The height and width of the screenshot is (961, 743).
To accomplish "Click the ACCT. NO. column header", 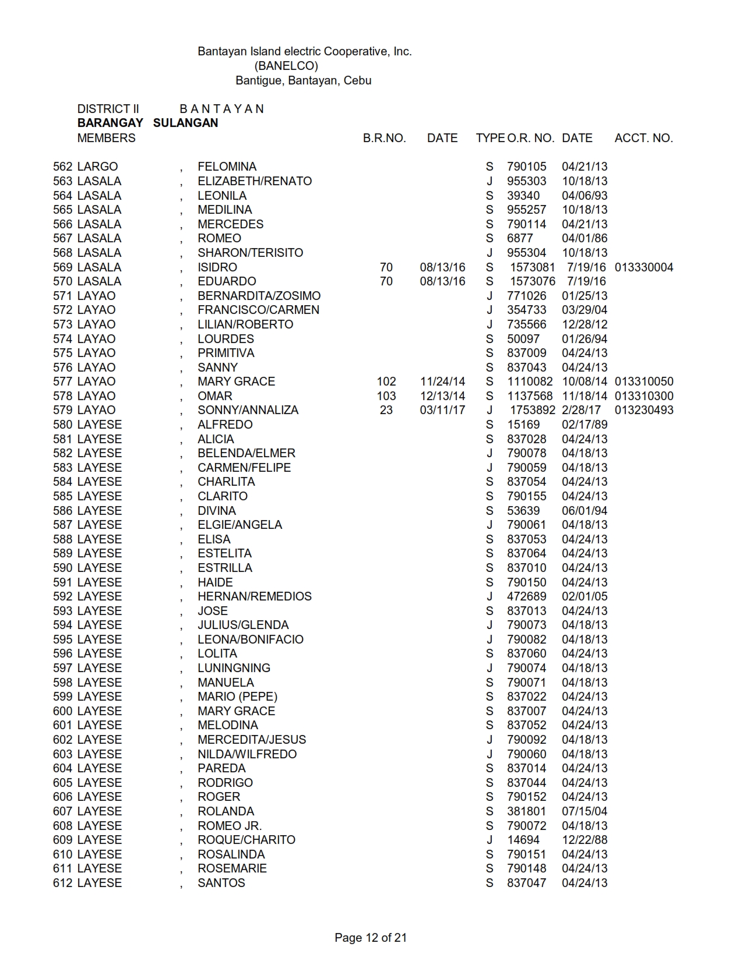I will click(x=643, y=138).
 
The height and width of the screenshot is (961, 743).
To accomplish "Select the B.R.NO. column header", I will click(x=384, y=138).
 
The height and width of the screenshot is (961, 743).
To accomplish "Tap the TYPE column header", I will click(x=490, y=138).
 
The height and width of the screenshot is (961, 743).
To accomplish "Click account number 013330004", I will click(x=643, y=267).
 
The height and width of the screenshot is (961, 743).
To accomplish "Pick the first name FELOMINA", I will click(x=227, y=167).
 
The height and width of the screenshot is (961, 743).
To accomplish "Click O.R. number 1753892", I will click(x=532, y=410).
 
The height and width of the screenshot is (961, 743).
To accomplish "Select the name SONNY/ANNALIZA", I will click(x=248, y=410).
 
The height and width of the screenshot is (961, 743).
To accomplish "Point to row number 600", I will click(x=62, y=711).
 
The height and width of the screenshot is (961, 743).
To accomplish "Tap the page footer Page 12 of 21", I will click(x=371, y=938).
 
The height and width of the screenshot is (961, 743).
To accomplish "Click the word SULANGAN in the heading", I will click(x=185, y=123).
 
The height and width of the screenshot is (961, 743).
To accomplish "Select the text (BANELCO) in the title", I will click(x=286, y=66).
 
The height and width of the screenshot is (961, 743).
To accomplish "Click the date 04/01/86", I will click(x=584, y=238).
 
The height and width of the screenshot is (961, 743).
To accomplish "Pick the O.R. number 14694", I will click(x=523, y=840).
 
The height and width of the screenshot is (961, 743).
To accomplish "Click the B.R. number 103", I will click(x=386, y=396).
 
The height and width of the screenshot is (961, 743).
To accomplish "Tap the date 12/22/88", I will click(x=584, y=840).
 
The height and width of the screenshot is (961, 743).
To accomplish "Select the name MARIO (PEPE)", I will click(x=237, y=697).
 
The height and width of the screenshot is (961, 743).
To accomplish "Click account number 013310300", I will click(x=643, y=396).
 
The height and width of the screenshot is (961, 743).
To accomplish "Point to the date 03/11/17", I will click(x=442, y=410).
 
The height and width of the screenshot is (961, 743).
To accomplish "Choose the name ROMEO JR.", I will click(x=230, y=826).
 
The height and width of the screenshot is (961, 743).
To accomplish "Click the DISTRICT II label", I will click(x=108, y=109).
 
